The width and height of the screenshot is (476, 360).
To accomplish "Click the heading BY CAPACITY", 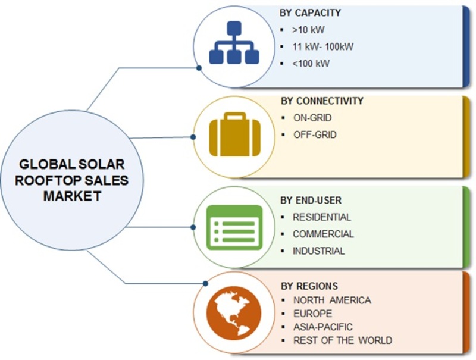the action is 310,12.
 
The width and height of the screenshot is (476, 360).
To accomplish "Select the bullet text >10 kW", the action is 308,30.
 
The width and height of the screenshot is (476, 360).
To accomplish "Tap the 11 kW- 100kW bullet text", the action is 323,47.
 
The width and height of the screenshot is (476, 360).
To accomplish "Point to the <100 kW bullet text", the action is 311,64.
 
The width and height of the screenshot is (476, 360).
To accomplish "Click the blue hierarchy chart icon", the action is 234,42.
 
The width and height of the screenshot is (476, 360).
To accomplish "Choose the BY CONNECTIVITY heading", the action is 322,101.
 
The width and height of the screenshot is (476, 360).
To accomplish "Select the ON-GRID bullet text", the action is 312,118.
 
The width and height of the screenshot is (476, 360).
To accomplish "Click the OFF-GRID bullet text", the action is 315,134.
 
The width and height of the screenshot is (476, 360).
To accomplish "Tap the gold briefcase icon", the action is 234,134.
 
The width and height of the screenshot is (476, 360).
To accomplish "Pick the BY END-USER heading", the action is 311,201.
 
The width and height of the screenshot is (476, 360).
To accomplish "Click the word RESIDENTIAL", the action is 322,217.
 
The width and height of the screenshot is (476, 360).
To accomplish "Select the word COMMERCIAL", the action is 323,234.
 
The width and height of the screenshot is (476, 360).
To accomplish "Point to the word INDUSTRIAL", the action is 319,251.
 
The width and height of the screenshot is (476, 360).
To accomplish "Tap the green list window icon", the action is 234,227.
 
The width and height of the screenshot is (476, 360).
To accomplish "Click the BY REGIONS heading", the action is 309,286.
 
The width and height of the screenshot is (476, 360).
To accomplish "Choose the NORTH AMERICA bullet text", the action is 332,300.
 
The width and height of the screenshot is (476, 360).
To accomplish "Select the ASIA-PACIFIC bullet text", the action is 323,327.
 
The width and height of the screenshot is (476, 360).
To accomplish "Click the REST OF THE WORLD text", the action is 343,340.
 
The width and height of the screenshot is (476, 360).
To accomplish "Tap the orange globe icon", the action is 234,312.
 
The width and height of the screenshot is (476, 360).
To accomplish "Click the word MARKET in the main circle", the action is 72,196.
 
